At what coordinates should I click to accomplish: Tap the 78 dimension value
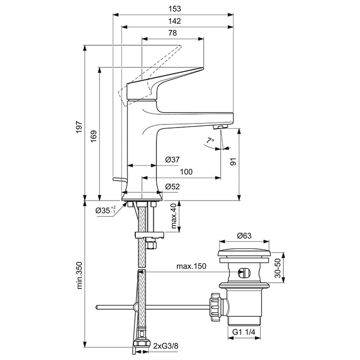click(x=172, y=33)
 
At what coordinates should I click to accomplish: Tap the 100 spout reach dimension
click(x=187, y=172)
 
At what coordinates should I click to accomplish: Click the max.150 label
click(x=191, y=267)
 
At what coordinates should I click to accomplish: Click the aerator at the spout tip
click(x=220, y=127)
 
